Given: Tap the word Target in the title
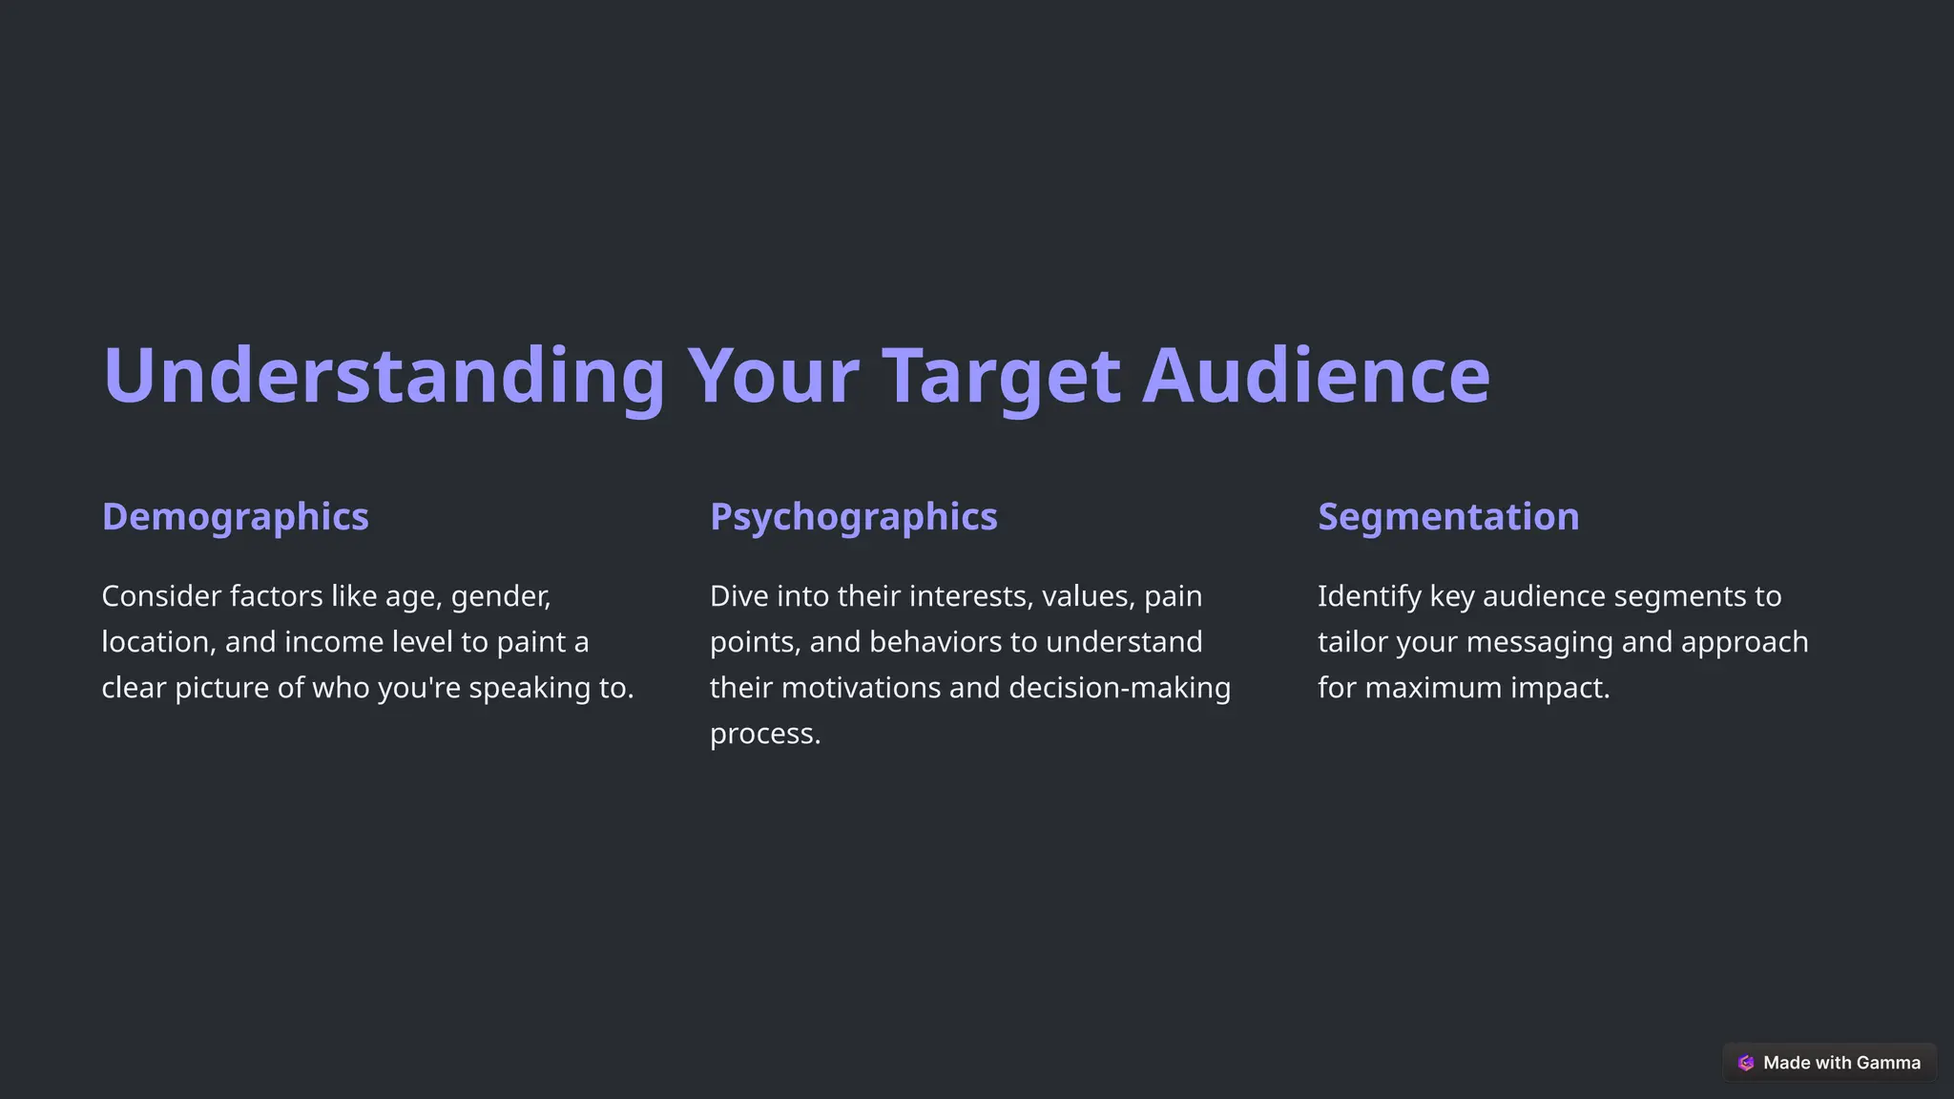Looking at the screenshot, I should tap(1001, 376).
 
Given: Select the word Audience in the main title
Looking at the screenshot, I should tap(1316, 376).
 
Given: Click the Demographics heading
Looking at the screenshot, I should tap(235, 517).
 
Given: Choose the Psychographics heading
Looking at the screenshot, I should tap(853, 517).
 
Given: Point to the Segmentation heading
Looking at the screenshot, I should tap(1447, 517).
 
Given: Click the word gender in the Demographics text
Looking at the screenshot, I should tap(500, 597).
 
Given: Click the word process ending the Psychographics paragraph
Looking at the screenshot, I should tap(764, 735).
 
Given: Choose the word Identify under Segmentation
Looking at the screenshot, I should tap(1369, 597).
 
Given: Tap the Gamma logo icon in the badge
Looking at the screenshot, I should tap(1746, 1063).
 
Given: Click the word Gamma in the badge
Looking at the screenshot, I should tap(1888, 1063).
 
